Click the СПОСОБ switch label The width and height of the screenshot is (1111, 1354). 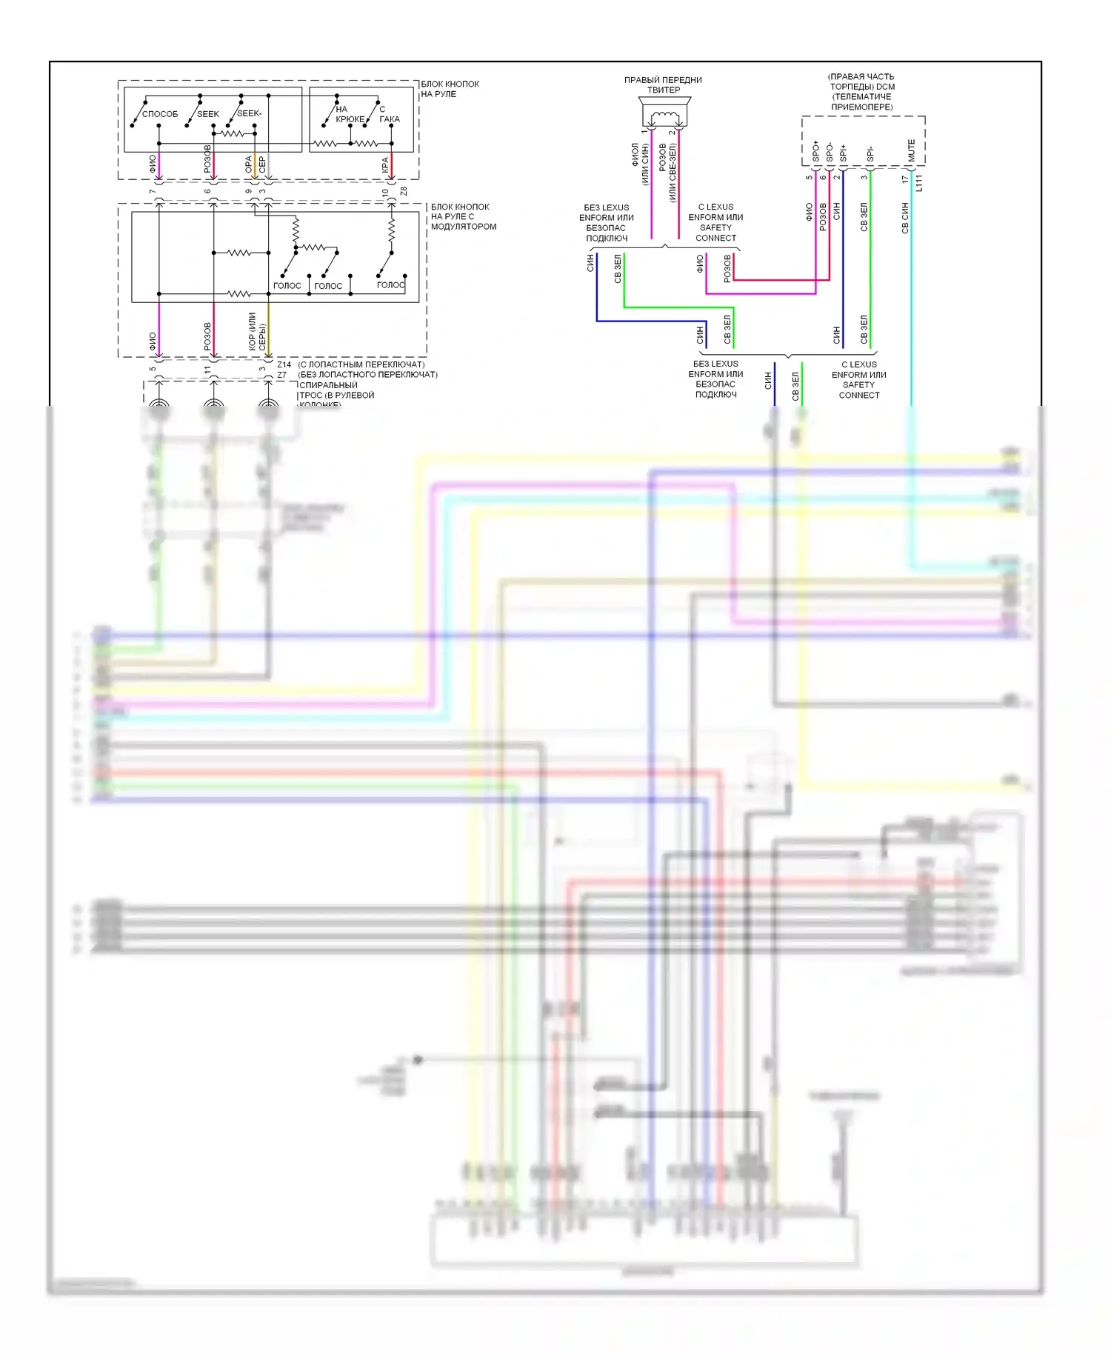pos(160,114)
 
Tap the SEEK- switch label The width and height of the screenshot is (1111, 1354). pos(249,113)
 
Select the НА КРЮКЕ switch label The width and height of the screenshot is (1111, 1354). pos(349,114)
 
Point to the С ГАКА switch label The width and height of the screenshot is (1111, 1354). pos(389,114)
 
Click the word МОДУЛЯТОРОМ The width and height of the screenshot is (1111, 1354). pos(464,227)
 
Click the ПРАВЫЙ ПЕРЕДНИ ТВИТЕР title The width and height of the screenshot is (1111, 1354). pos(663,85)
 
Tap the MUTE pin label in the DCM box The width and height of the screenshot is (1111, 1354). pos(912,150)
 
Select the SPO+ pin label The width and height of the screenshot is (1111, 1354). pos(816,152)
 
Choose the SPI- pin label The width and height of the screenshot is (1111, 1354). pos(870,154)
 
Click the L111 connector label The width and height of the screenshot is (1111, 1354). pos(919,183)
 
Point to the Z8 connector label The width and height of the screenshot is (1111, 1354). pos(404,192)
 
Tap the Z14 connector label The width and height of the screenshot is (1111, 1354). pos(284,364)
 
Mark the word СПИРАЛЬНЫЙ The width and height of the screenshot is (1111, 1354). pos(328,385)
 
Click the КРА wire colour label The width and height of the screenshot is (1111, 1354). pos(385,165)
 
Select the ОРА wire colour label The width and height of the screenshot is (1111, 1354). pos(249,164)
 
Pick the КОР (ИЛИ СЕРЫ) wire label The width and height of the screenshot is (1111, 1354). pos(257,331)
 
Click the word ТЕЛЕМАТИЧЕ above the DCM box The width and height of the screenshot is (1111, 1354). pos(862,97)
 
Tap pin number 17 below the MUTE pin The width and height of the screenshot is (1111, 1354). pos(905,179)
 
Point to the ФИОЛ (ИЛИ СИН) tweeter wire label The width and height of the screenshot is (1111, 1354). pos(640,164)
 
